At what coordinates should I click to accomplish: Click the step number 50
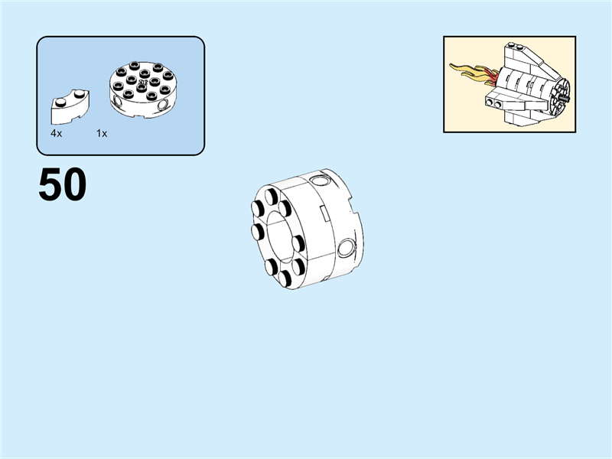(x=62, y=186)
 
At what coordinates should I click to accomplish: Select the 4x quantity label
(x=56, y=133)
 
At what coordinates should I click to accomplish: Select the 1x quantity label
(x=102, y=133)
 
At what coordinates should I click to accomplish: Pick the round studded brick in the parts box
(x=139, y=89)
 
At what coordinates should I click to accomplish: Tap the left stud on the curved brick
(x=58, y=101)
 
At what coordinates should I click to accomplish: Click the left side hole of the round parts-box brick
(x=117, y=101)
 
